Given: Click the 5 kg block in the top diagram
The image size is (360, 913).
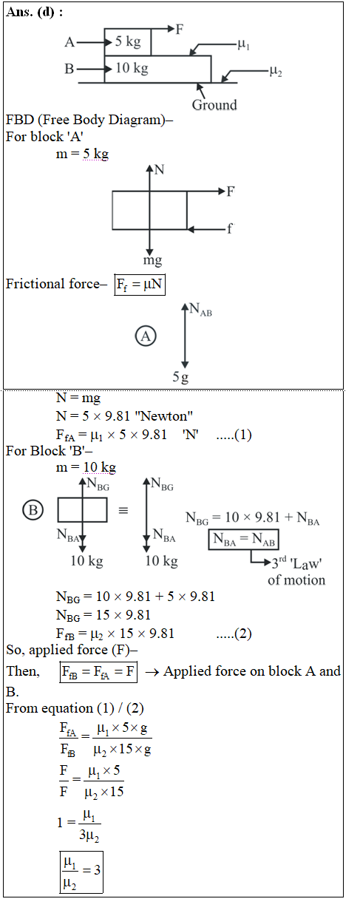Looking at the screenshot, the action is click(x=128, y=41).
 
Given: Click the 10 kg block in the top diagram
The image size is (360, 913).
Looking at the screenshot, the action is click(x=157, y=69).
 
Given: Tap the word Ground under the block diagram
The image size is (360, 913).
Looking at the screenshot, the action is click(x=214, y=105).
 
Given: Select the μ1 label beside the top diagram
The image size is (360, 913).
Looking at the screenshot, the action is click(x=243, y=44).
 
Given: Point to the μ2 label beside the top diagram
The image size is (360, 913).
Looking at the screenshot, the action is click(x=276, y=72).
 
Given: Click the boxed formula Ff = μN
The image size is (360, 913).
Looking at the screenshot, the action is click(x=140, y=285).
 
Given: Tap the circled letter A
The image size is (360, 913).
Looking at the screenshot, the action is click(x=146, y=336).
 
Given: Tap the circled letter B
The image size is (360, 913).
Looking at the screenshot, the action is click(x=33, y=510).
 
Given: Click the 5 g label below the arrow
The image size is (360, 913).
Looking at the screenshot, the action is click(x=180, y=376).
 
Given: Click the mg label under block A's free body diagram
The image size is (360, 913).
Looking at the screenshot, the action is click(x=152, y=260).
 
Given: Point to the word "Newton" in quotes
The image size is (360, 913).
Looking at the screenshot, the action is click(x=164, y=416).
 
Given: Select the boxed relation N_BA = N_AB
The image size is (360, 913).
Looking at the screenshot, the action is click(x=244, y=540).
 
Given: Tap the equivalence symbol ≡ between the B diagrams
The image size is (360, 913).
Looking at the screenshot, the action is click(x=123, y=510).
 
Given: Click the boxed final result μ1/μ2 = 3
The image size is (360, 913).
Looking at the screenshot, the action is click(x=81, y=872).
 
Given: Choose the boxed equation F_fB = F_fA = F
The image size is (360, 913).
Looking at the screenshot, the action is click(x=98, y=672).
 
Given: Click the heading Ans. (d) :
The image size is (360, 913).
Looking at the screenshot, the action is click(x=34, y=13).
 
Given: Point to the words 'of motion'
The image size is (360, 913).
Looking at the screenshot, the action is click(x=296, y=580).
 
